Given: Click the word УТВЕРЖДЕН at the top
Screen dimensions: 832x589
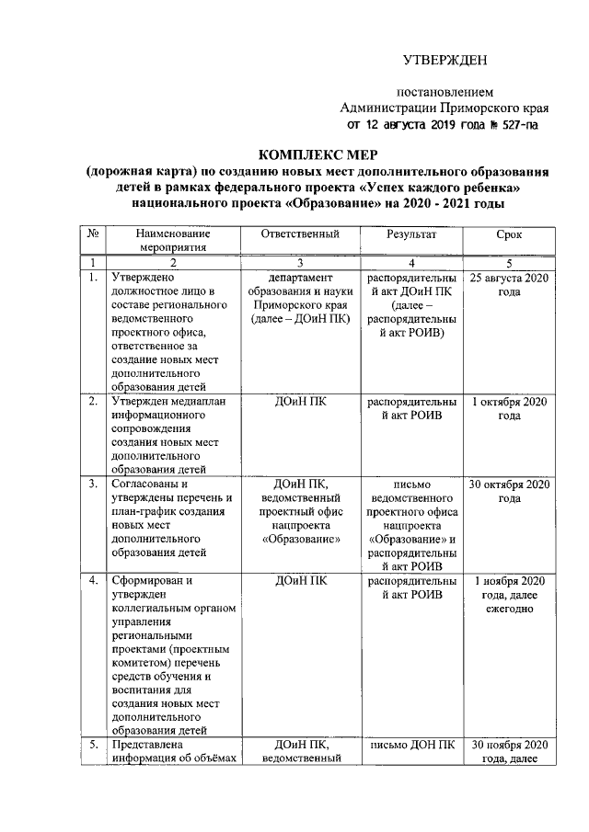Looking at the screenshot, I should pyautogui.click(x=445, y=61).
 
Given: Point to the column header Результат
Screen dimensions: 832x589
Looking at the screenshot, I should pyautogui.click(x=410, y=235).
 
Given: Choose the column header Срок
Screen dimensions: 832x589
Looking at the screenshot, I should pyautogui.click(x=509, y=235).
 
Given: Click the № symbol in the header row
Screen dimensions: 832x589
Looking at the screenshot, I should pyautogui.click(x=93, y=235).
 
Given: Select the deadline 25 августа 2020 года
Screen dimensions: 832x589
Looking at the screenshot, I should pyautogui.click(x=509, y=282).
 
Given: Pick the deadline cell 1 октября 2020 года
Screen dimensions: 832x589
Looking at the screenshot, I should pyautogui.click(x=509, y=409).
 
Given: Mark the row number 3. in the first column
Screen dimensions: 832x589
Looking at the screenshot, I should pyautogui.click(x=93, y=484).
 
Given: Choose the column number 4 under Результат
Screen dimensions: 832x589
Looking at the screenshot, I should pyautogui.click(x=410, y=262).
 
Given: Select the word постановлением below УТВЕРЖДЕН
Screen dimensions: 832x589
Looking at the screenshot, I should pyautogui.click(x=445, y=92).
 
